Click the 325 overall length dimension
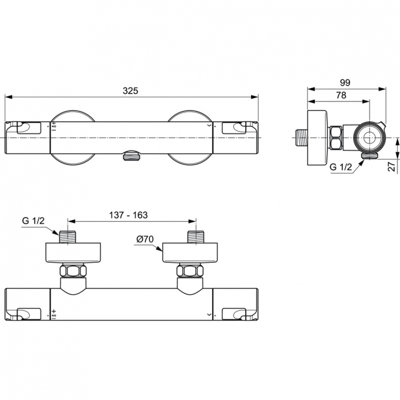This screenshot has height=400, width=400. coord(130,91)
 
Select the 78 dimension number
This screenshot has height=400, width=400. coord(340,95)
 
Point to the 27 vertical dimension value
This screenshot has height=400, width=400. coord(393,167)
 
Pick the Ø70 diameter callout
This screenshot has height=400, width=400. coord(145,239)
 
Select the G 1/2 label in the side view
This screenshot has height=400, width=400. coord(341,167)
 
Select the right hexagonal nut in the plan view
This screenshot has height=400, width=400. coord(190,271)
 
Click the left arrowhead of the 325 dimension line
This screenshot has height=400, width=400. coord(7,97)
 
